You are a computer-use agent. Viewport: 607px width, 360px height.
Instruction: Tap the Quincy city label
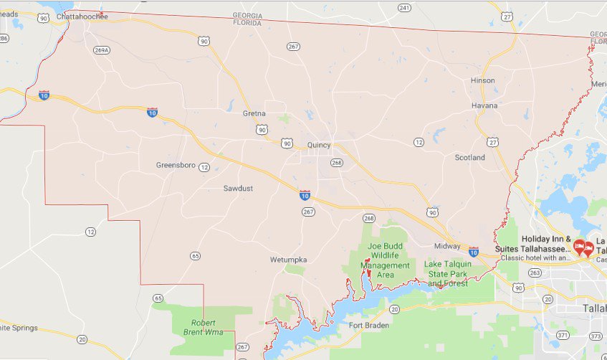point(319,145)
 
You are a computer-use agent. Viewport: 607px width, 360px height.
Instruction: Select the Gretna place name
point(254,113)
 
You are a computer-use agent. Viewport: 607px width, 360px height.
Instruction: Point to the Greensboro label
point(176,166)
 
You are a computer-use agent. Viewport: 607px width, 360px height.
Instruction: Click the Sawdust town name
point(238,189)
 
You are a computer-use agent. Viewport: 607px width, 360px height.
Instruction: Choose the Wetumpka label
point(288,259)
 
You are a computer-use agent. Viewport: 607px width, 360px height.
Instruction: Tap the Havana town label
point(484,105)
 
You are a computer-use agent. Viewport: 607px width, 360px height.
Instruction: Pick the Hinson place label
point(482,80)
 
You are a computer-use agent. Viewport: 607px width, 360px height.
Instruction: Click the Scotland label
point(469,158)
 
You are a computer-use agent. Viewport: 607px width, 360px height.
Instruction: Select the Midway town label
point(447,246)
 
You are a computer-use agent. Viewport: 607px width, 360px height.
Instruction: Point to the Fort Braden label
point(368,326)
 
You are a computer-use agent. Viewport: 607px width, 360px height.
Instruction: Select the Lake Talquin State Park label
point(447,273)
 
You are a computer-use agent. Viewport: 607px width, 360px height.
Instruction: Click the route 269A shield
point(102,50)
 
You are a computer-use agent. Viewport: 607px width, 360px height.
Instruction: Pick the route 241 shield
point(404,8)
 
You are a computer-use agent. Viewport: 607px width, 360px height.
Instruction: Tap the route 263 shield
point(535,273)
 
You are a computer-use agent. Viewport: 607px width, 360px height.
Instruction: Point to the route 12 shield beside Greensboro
point(204,167)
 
